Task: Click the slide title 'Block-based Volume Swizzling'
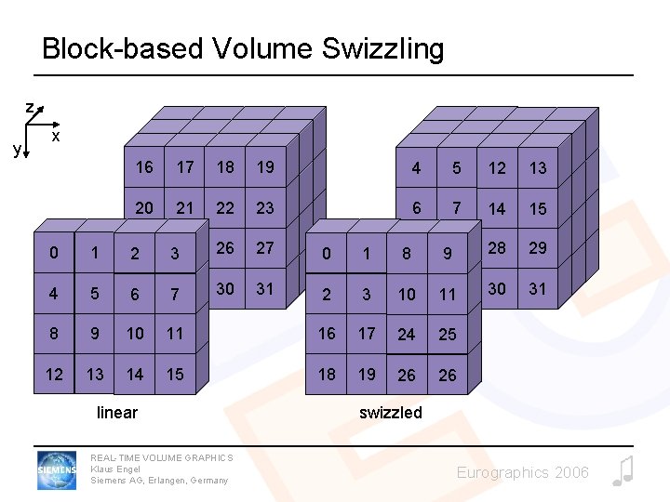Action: [243, 48]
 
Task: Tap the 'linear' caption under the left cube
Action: [117, 412]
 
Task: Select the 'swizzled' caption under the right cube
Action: [391, 412]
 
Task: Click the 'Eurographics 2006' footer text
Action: [522, 473]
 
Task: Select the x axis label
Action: [56, 137]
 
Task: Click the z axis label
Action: [30, 109]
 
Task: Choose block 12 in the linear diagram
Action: [54, 375]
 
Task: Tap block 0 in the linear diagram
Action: [54, 253]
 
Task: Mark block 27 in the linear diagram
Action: [265, 248]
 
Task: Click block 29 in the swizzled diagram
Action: [538, 248]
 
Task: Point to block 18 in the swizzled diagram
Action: [327, 374]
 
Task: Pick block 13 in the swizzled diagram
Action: [538, 168]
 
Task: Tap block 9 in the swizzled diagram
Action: [448, 253]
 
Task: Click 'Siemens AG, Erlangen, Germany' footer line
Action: [159, 480]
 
